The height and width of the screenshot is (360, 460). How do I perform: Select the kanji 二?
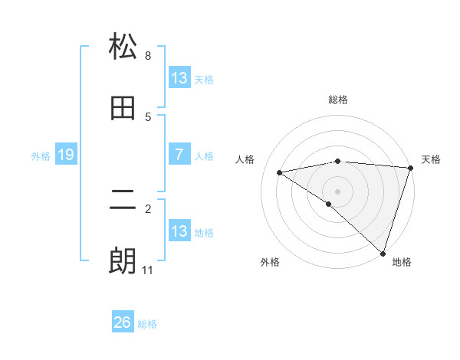pos(123,201)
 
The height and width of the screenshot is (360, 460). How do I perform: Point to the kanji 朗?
pos(123,261)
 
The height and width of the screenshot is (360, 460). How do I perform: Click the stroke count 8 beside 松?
pos(148,56)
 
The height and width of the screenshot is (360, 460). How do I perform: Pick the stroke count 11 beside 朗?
pos(147,270)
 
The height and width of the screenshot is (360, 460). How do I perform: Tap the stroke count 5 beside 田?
pos(148,116)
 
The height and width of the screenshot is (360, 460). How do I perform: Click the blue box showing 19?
pos(65,155)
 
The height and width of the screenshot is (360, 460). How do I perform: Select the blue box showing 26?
pos(122,323)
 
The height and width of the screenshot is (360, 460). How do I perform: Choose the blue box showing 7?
pos(179,155)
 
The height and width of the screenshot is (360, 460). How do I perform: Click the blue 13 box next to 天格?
pos(179,78)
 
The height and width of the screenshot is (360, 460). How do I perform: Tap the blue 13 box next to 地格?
pos(179,231)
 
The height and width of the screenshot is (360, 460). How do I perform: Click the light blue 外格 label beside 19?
pos(41,156)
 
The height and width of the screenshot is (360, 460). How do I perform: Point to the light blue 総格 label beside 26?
pos(147,324)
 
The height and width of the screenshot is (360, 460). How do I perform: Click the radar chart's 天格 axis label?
pos(431,159)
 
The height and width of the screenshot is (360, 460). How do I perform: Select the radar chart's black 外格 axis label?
pos(270,262)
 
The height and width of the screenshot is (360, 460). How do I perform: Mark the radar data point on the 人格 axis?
pos(280,172)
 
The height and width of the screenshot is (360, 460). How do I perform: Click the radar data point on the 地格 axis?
pos(383,253)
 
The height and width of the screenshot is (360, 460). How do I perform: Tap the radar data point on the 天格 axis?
pos(410,168)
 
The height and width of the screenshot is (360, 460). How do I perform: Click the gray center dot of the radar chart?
pos(337,191)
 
